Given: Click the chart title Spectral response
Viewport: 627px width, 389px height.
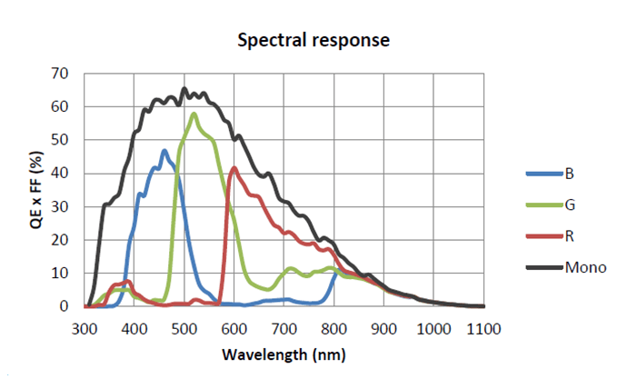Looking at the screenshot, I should pyautogui.click(x=313, y=41).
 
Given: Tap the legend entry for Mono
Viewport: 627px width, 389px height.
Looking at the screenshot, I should pyautogui.click(x=585, y=268).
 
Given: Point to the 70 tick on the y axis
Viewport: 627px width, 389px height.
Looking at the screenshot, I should pyautogui.click(x=61, y=73).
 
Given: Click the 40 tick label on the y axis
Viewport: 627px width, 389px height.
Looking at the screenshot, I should pyautogui.click(x=61, y=173).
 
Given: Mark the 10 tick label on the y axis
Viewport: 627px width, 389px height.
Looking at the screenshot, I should pyautogui.click(x=61, y=273).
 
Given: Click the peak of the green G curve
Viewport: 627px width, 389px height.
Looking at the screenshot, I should pyautogui.click(x=194, y=114).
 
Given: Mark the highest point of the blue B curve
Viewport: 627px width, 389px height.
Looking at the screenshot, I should pyautogui.click(x=164, y=151).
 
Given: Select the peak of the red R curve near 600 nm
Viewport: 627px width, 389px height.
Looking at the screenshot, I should pyautogui.click(x=234, y=167).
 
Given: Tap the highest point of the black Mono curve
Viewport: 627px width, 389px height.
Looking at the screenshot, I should pyautogui.click(x=184, y=89).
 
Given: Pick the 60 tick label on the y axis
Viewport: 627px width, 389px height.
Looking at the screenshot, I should pyautogui.click(x=61, y=106).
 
